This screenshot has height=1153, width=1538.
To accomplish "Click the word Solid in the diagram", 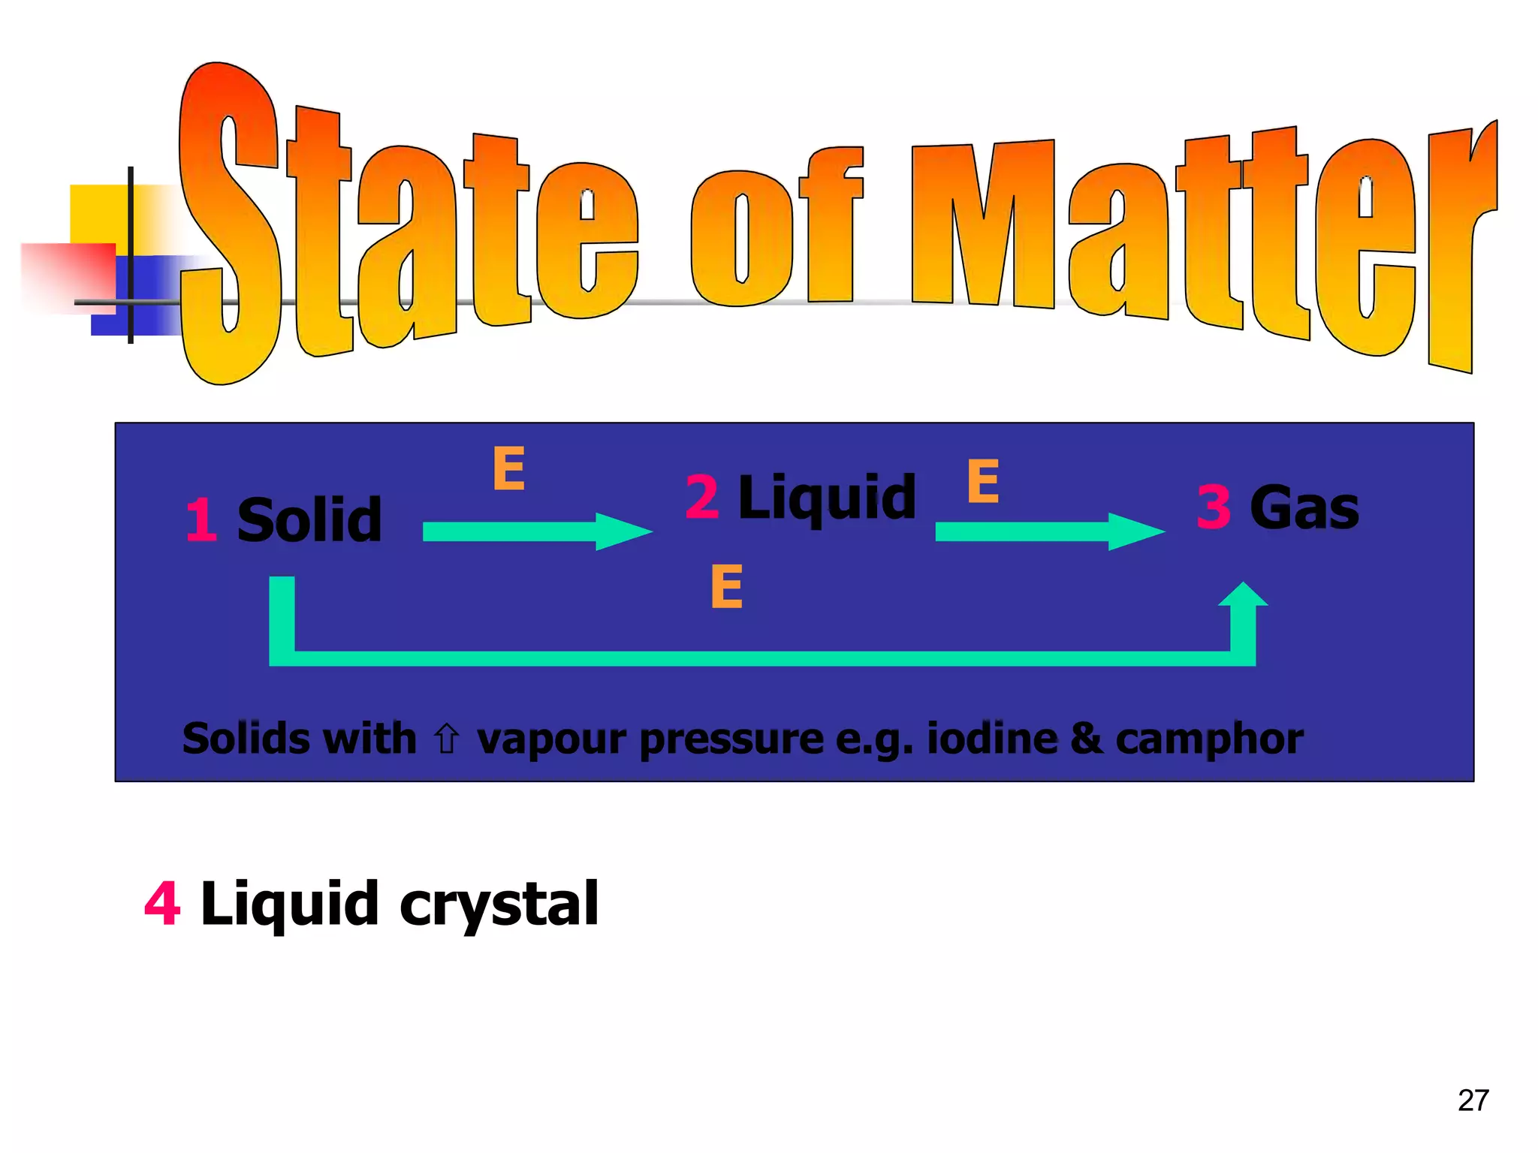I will click(x=309, y=519).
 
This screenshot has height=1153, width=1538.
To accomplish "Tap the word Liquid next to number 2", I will click(x=827, y=498).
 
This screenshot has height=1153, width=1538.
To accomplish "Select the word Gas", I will click(x=1304, y=508).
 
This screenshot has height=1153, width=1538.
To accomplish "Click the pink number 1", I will click(x=201, y=519).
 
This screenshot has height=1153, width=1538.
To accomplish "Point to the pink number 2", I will click(x=702, y=498).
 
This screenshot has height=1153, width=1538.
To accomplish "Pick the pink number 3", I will click(x=1214, y=508).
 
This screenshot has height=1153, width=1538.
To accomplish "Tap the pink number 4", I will click(x=162, y=904).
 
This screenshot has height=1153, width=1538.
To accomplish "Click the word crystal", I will click(x=499, y=905).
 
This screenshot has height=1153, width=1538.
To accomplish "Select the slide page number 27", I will click(x=1473, y=1100).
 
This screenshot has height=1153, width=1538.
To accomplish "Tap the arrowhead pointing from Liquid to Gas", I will click(x=1135, y=531).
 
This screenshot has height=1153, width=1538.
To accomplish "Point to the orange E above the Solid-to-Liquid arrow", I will click(x=508, y=468).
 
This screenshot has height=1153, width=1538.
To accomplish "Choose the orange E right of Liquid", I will click(x=983, y=481).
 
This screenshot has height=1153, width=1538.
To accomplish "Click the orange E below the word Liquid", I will click(x=726, y=586).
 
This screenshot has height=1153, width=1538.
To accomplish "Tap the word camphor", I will click(x=1209, y=740).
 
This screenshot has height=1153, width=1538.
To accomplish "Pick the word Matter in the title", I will click(x=1202, y=240).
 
